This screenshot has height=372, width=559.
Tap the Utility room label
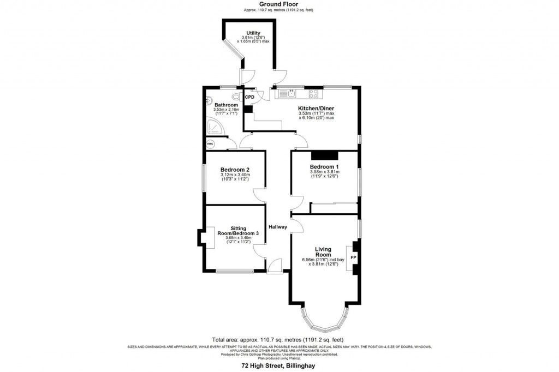253,33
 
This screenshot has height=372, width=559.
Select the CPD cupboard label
249,97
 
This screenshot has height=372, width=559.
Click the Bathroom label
225,105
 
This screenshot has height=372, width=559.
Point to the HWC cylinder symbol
210,144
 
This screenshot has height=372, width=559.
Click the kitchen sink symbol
286,94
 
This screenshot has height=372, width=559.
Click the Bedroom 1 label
324,166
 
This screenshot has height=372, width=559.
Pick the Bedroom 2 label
235,170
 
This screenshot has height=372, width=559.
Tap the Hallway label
277,227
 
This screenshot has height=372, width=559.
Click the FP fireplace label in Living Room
353,257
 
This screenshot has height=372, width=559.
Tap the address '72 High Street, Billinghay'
279,367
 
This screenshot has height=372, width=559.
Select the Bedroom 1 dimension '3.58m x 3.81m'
324,172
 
